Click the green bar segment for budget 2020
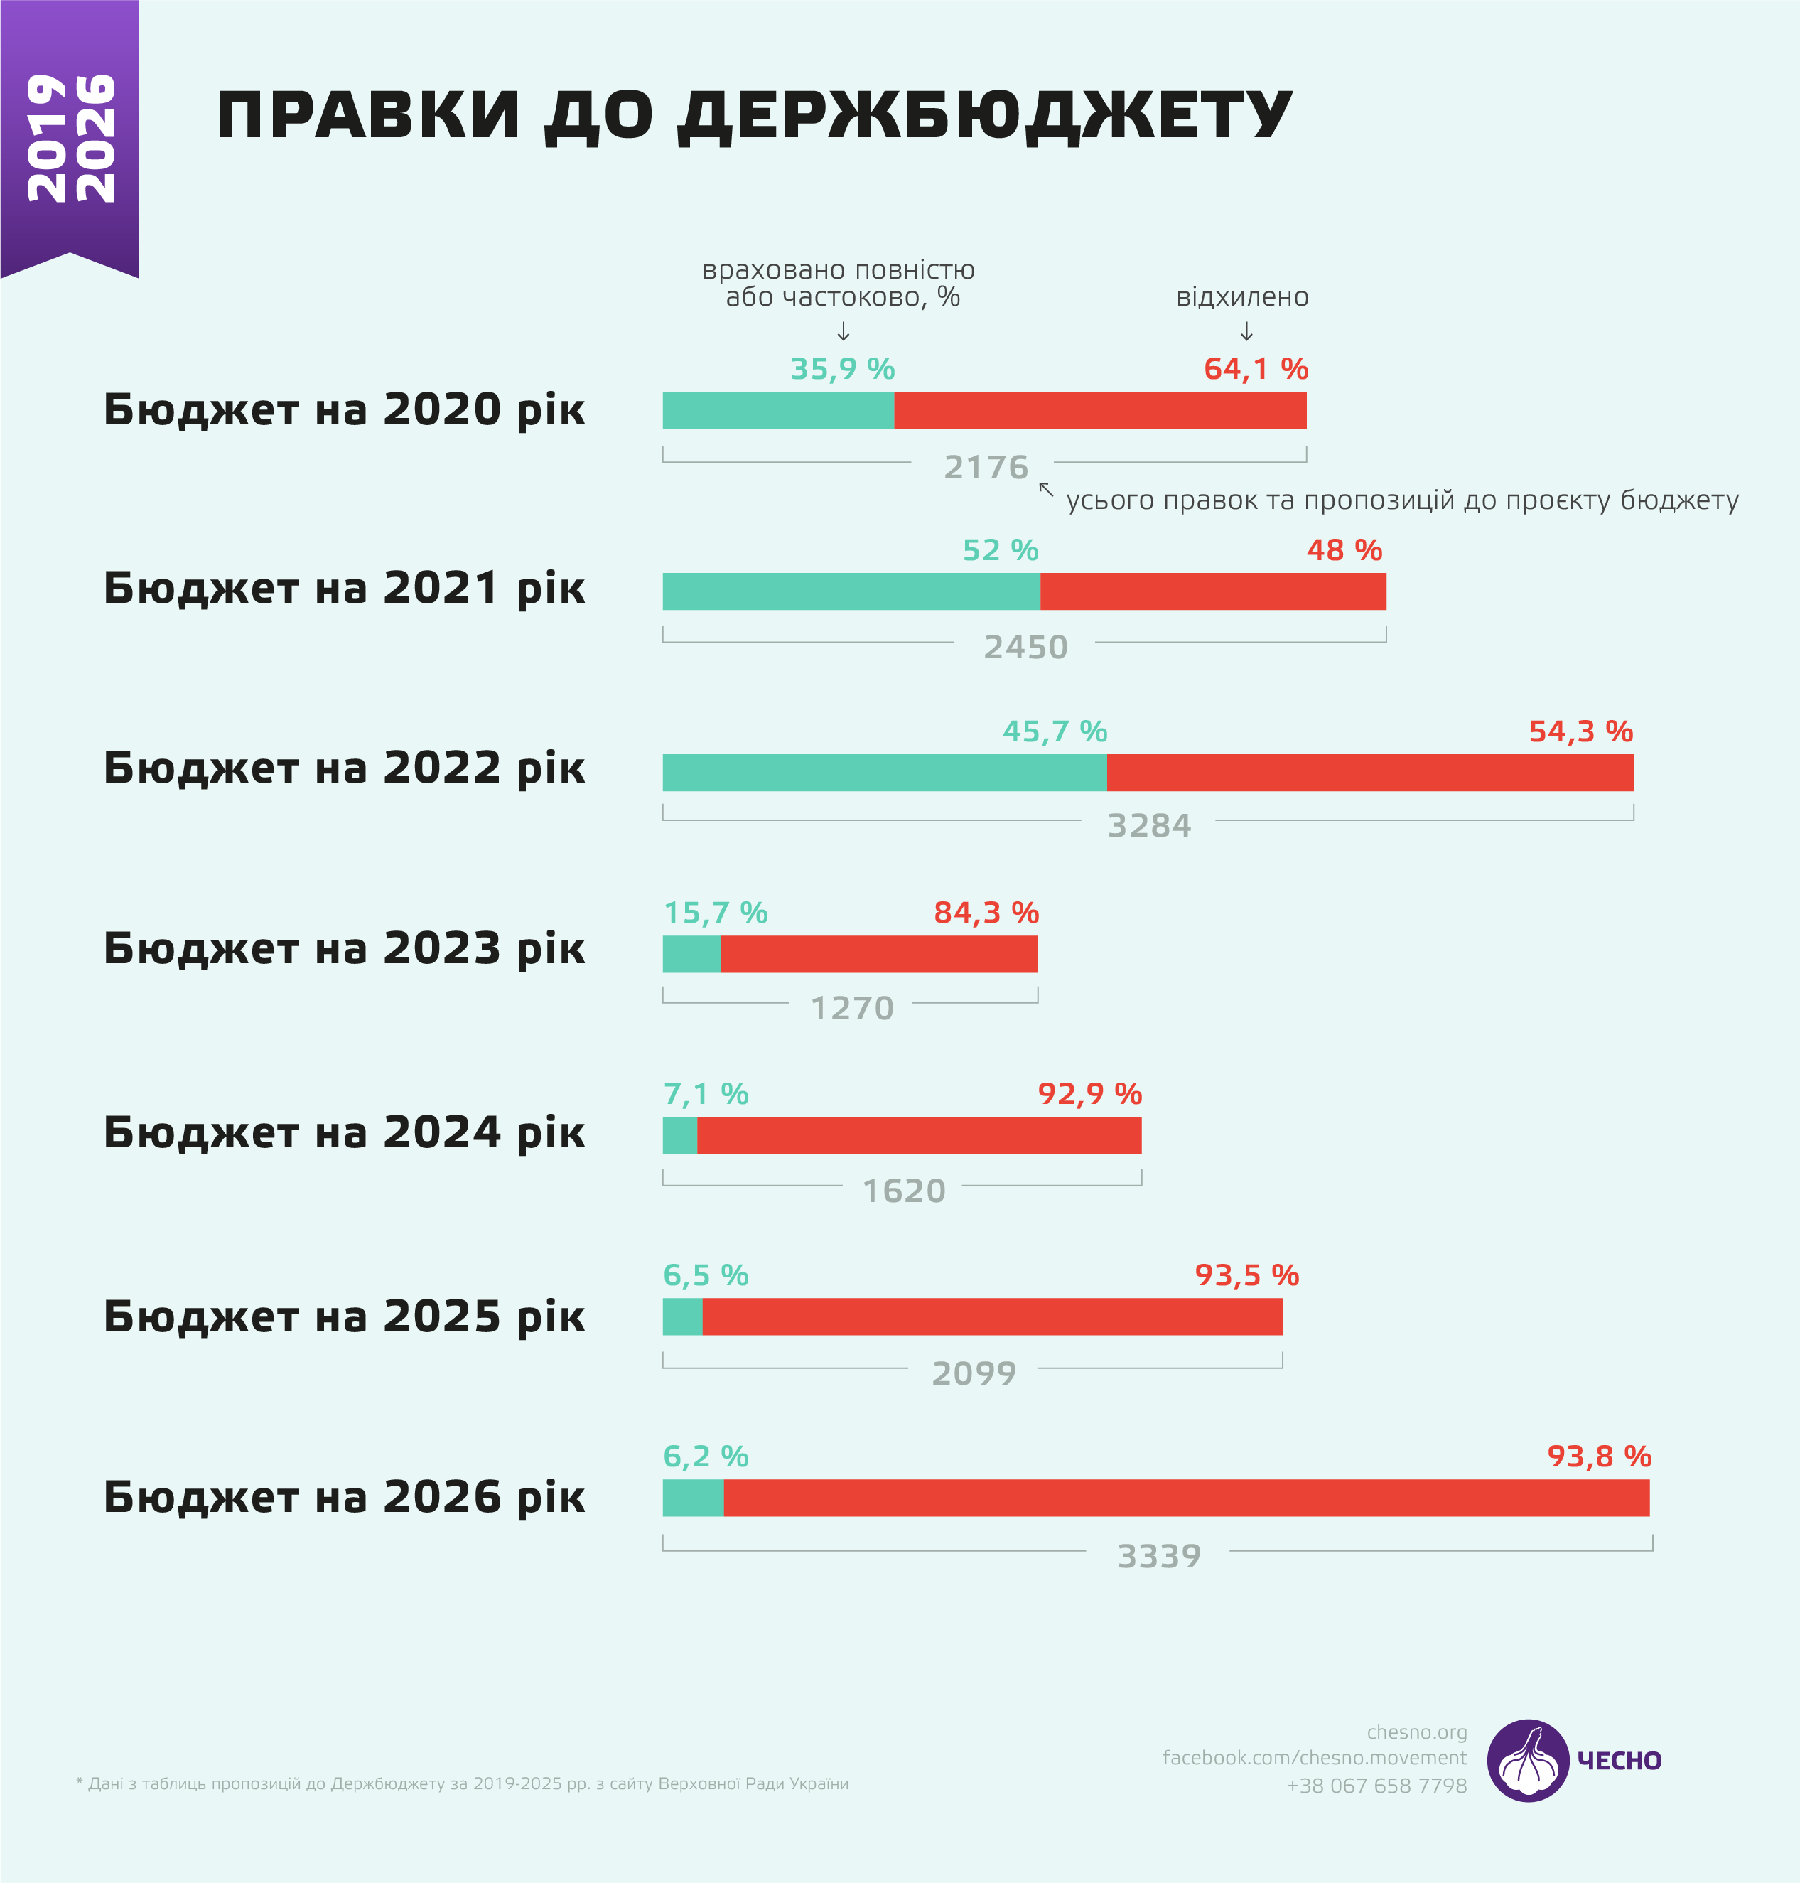click(x=778, y=411)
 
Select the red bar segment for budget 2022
click(x=1369, y=773)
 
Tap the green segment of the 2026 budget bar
click(x=693, y=1498)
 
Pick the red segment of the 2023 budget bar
click(x=879, y=954)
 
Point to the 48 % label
click(x=1344, y=551)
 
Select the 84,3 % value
click(x=986, y=913)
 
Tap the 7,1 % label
click(x=706, y=1094)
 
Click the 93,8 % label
click(x=1600, y=1457)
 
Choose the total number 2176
click(x=986, y=468)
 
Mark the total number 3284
click(x=1150, y=826)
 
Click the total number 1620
click(x=904, y=1192)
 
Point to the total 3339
click(x=1159, y=1557)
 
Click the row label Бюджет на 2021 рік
click(x=343, y=589)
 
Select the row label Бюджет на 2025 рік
click(x=343, y=1316)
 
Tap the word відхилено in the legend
click(x=1243, y=298)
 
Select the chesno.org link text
click(x=1416, y=1732)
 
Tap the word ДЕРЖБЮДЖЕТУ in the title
click(x=986, y=116)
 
